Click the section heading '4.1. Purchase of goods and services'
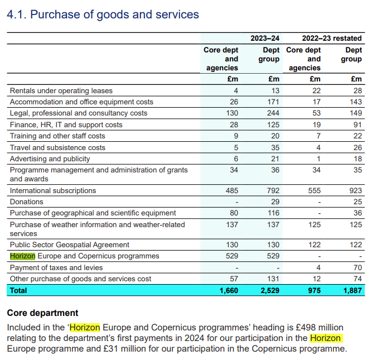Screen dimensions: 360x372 pyautogui.click(x=103, y=15)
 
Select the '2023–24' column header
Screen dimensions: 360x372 pyautogui.click(x=265, y=38)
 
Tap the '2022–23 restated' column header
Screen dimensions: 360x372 pyautogui.click(x=332, y=38)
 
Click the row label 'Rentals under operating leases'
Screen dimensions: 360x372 pyautogui.click(x=61, y=90)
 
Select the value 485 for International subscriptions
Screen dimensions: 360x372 pyautogui.click(x=231, y=190)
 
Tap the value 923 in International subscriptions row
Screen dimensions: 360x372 pyautogui.click(x=355, y=190)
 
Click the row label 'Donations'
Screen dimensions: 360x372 pyautogui.click(x=26, y=201)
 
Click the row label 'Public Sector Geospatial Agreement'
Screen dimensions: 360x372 pyautogui.click(x=70, y=244)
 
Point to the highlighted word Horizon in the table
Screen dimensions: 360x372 pyautogui.click(x=22, y=256)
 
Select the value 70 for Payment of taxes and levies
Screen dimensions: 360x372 pyautogui.click(x=357, y=267)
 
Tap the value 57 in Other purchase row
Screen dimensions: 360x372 pyautogui.click(x=233, y=279)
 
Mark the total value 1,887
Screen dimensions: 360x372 pyautogui.click(x=351, y=290)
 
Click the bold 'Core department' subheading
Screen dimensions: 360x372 pyautogui.click(x=42, y=313)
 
